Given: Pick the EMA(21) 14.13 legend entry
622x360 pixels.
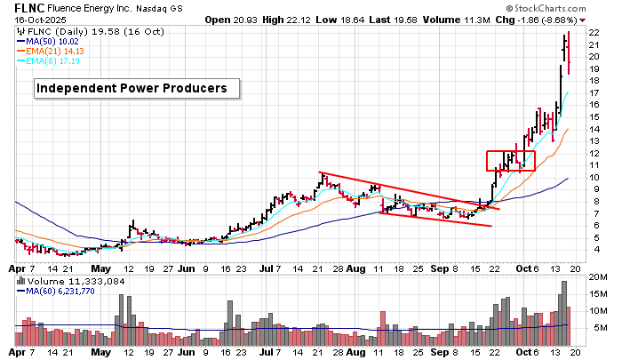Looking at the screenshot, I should click(x=58, y=51).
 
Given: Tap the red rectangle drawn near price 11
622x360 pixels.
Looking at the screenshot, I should click(x=511, y=161).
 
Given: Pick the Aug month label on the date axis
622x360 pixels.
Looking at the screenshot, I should click(x=355, y=267).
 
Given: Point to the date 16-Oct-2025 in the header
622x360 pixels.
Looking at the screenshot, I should click(x=26, y=19).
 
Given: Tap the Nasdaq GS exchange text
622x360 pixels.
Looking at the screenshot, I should click(x=166, y=8).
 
